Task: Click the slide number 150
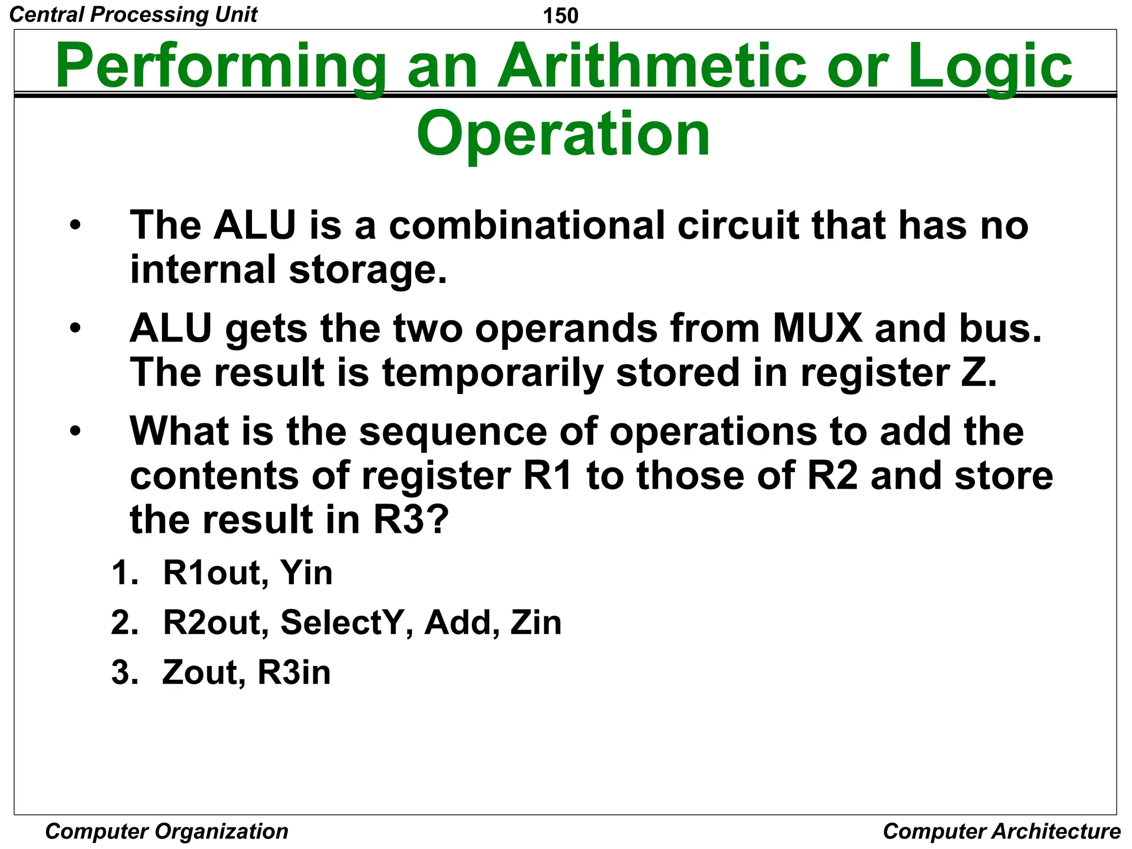point(560,15)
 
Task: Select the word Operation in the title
point(563,134)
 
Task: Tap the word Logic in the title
point(989,66)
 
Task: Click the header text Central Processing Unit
point(133,14)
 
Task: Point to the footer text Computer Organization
point(166,831)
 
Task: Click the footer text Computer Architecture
point(1001,831)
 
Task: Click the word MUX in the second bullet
point(817,328)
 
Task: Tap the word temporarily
point(492,372)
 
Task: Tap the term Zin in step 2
point(536,622)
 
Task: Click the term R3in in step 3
point(294,673)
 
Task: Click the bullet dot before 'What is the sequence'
point(75,431)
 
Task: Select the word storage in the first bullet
point(367,270)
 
